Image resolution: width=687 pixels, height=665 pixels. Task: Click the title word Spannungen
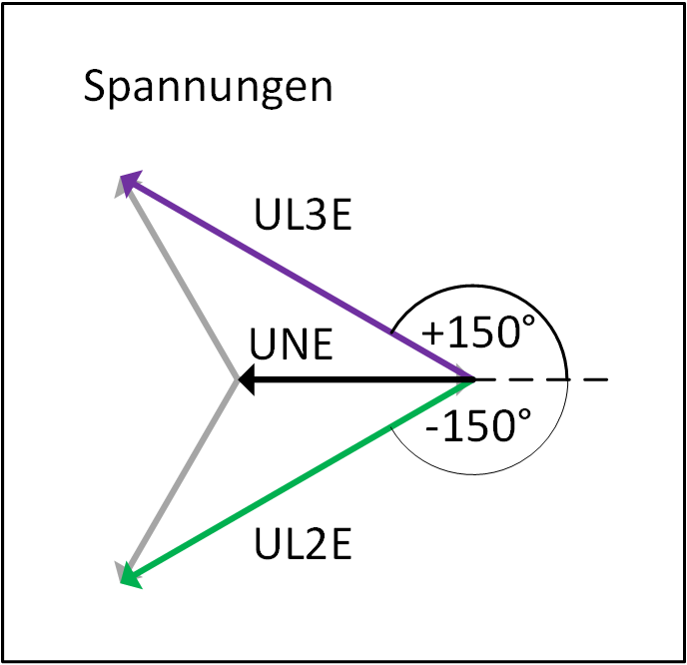coord(208,88)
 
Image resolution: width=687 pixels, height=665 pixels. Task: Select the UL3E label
coord(303,215)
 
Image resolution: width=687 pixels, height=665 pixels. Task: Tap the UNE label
coord(291,344)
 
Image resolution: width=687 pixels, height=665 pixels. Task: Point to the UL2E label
coord(303,543)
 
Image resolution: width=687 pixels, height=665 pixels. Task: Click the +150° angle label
coord(478,332)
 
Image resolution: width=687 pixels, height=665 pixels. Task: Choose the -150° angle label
coord(478,425)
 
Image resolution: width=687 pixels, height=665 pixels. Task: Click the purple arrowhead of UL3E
coord(131,182)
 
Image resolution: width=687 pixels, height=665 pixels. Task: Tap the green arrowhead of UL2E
coord(131,575)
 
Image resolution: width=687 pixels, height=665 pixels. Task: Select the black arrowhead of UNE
coord(247,379)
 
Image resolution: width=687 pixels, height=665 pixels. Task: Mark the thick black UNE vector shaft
coord(364,379)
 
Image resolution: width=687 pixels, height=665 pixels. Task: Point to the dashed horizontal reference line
coord(542,379)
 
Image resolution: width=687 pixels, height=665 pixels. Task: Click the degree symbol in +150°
coord(528,321)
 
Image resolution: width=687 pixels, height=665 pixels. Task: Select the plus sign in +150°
coord(433,333)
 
